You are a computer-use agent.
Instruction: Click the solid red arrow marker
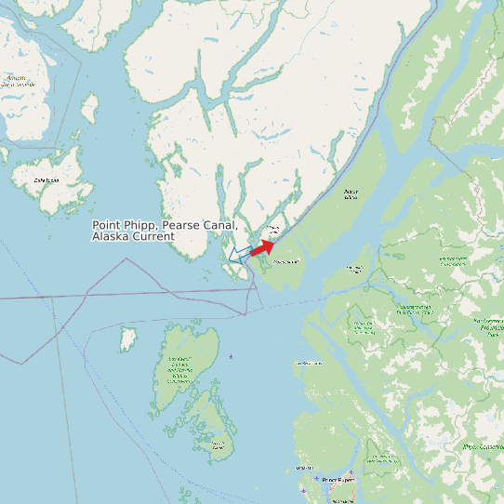pyautogui.click(x=262, y=247)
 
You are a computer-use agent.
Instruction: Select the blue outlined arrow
pyautogui.click(x=239, y=253)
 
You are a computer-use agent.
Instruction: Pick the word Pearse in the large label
pyautogui.click(x=184, y=226)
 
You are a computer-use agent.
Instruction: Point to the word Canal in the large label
pyautogui.click(x=223, y=226)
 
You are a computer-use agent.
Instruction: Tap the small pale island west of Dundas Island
pyautogui.click(x=128, y=338)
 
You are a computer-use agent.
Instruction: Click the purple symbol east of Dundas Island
pyautogui.click(x=231, y=357)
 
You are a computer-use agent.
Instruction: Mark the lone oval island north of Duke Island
pyautogui.click(x=89, y=109)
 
